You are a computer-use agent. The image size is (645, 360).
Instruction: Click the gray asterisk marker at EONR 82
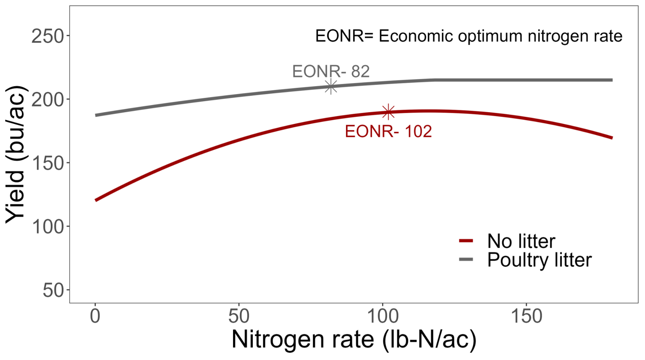pos(331,87)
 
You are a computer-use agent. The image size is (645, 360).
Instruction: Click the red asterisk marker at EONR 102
pos(388,112)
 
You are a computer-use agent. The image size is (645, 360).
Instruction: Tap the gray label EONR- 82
pos(330,72)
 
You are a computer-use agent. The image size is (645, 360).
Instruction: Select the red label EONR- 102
pos(388,131)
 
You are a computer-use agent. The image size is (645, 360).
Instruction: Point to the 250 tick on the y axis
pos(47,37)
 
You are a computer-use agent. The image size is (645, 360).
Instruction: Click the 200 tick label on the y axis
pos(47,100)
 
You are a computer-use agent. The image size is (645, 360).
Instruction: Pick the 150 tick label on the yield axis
pos(47,163)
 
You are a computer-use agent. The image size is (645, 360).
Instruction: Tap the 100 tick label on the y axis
pos(47,226)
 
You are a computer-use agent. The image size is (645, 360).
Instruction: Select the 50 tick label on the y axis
pos(53,290)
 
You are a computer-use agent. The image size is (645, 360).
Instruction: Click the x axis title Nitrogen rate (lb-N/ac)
pos(354,339)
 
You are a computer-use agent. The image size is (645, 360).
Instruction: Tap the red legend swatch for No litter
pos(466,241)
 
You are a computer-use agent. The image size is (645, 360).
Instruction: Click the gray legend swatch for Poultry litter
pos(466,260)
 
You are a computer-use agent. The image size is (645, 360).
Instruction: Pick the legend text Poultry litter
pos(539,260)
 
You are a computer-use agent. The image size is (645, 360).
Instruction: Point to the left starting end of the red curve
pos(96,200)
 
